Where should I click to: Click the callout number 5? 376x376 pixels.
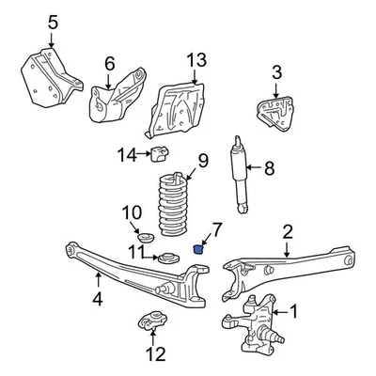pos(25,21)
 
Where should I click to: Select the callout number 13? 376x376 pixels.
pos(195,59)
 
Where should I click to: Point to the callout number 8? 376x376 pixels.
pos(269,170)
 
